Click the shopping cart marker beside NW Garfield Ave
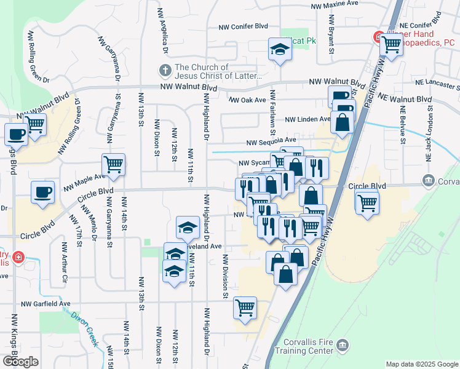[x=245, y=307]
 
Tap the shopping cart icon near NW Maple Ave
[x=114, y=164]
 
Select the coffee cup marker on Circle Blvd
[x=42, y=191]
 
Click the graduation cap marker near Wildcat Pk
[x=280, y=49]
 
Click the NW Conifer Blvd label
[x=245, y=26]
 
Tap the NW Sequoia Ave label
[x=271, y=141]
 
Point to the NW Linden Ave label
[x=308, y=119]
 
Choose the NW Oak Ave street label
[x=247, y=100]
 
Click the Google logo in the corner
[x=20, y=362]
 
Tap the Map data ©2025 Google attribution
[x=421, y=364]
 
